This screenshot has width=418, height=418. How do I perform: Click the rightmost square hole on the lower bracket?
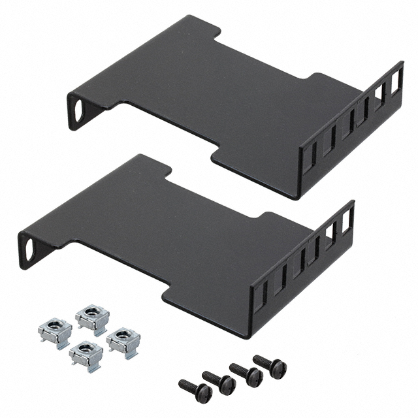346,221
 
